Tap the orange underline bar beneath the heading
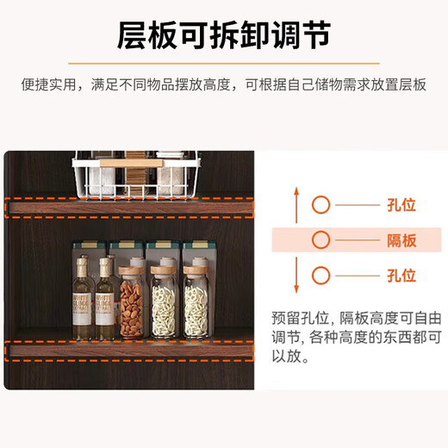223,63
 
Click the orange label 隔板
401,240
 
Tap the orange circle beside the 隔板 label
321,240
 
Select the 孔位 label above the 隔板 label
401,205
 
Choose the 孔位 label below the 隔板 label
401,276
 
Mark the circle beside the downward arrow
321,276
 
